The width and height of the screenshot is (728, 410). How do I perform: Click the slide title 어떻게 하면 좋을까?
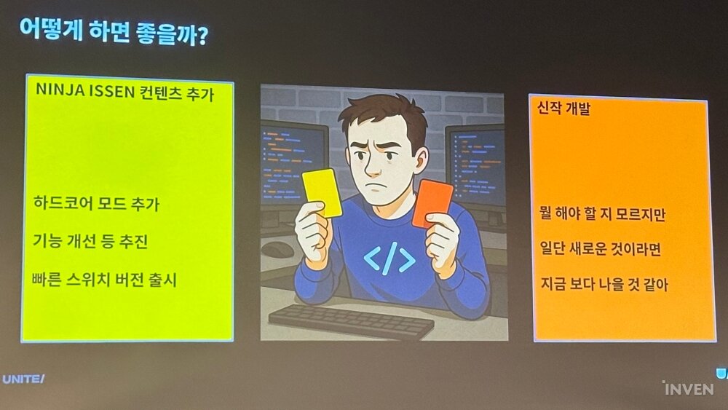(114, 32)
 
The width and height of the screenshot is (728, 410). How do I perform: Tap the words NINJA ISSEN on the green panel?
(85, 90)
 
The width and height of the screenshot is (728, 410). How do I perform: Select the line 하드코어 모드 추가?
(96, 203)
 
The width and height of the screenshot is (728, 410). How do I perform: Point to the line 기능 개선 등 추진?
(90, 241)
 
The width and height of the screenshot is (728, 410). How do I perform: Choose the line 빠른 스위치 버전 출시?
(104, 280)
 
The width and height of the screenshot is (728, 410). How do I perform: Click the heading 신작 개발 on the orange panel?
(563, 109)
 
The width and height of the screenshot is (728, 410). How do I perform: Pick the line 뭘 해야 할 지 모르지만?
(602, 213)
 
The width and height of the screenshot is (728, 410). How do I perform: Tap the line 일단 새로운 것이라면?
(601, 249)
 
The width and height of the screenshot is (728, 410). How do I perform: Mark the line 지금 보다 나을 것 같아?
(604, 284)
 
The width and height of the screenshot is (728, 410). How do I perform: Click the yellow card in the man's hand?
(323, 193)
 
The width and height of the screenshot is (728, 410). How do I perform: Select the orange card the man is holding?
(432, 203)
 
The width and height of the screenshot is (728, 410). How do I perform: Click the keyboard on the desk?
(351, 321)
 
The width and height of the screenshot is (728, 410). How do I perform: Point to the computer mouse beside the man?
(278, 249)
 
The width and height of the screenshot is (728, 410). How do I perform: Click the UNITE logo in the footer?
(23, 379)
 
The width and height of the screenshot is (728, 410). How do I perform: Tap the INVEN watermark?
(688, 388)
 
